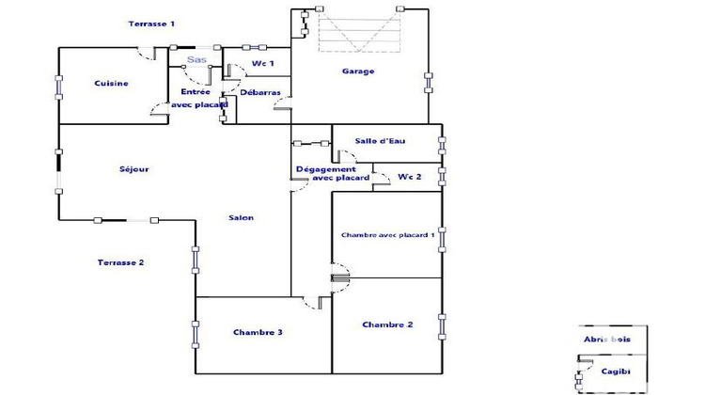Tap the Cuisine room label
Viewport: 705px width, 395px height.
click(x=111, y=84)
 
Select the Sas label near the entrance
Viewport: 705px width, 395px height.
click(x=196, y=60)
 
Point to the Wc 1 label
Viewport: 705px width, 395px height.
click(x=263, y=64)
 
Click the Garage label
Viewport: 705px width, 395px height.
click(x=358, y=71)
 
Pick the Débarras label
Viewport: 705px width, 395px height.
click(x=258, y=93)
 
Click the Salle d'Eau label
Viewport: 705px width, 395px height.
click(x=380, y=141)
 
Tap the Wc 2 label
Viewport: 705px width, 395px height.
click(x=409, y=176)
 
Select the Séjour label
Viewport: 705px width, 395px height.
click(x=134, y=169)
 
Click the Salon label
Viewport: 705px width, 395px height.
click(x=241, y=217)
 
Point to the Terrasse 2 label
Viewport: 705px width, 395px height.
click(x=120, y=262)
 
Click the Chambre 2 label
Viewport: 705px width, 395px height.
click(x=387, y=324)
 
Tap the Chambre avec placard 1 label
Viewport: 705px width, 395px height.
click(x=387, y=235)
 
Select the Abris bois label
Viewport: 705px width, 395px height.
click(x=606, y=340)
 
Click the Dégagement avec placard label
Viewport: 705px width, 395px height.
click(x=325, y=173)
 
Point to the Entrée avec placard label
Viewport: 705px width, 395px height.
click(x=198, y=98)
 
